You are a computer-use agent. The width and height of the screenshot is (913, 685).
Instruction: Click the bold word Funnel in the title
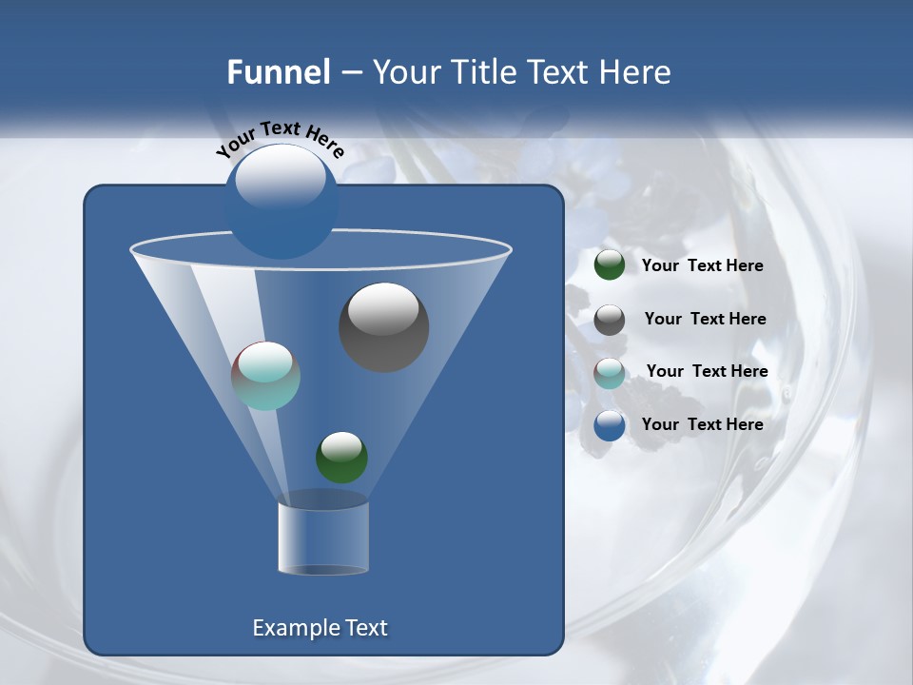[x=279, y=72]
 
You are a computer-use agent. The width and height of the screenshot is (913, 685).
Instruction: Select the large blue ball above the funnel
[x=281, y=201]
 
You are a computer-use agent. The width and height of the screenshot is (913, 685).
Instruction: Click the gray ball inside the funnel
[x=384, y=327]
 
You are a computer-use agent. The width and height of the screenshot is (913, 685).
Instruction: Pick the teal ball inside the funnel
[x=266, y=376]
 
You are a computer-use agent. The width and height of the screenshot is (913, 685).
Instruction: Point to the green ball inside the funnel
[x=341, y=457]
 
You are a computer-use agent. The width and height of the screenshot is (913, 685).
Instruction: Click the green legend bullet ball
[x=610, y=265]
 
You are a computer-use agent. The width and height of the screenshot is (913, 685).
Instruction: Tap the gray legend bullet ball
[x=610, y=320]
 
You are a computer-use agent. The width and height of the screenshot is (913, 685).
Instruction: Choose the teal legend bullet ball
[x=610, y=373]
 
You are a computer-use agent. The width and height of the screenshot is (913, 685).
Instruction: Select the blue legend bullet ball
[x=610, y=425]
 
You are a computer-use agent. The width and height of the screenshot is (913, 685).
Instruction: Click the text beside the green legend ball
[x=702, y=266]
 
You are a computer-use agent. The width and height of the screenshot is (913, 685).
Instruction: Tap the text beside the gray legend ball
[x=705, y=320]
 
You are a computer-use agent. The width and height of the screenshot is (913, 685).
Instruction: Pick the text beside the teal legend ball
[x=707, y=371]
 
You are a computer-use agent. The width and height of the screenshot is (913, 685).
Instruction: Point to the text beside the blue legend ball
[x=702, y=424]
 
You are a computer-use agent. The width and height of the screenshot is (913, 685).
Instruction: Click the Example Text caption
[x=321, y=628]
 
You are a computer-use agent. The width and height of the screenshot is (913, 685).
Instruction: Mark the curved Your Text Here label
[x=280, y=138]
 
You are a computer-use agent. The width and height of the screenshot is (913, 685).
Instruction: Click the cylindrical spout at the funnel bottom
[x=323, y=538]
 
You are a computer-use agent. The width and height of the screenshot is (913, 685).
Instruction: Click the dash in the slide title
[x=350, y=73]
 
